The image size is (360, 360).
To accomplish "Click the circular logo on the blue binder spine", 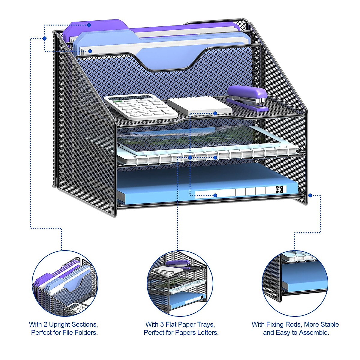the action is click(x=279, y=189).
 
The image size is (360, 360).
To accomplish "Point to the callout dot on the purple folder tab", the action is click(x=89, y=25).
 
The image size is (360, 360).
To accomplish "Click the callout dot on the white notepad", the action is click(x=215, y=113).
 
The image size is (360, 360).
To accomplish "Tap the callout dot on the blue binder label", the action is click(x=215, y=195).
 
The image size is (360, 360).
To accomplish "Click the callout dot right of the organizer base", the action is click(x=310, y=195).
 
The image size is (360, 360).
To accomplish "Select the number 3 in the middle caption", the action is click(x=162, y=324).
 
